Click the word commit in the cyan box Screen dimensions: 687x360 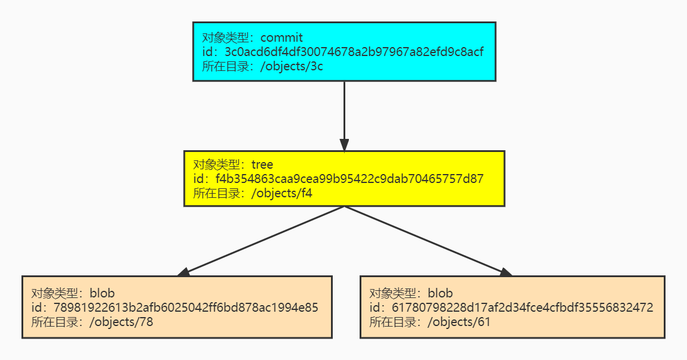coord(281,38)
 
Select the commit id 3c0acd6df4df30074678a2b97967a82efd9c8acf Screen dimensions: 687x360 coord(354,52)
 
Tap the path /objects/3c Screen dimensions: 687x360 coord(292,66)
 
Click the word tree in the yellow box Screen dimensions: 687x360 coord(262,165)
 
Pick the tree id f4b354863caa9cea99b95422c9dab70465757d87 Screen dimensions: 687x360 coord(349,179)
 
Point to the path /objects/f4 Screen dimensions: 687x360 coord(281,193)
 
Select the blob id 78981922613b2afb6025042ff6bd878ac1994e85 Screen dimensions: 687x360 coord(186,308)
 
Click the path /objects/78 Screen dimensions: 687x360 coord(122,322)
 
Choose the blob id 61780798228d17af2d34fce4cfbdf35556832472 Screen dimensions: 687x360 coord(522,308)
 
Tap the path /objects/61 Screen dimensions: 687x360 coord(459,322)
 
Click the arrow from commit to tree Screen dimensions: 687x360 coord(344,116)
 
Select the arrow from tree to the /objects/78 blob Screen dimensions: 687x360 coord(261,241)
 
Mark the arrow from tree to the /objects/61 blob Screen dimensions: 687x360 coord(429,241)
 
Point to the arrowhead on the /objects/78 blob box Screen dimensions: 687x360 coord(184,272)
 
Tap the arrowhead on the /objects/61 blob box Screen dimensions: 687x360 coord(506,272)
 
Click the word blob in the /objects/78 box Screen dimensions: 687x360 coord(102,293)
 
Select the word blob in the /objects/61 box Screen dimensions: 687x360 coord(440,293)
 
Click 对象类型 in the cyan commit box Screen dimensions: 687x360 coord(225,38)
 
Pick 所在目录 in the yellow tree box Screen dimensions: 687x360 coord(216,193)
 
